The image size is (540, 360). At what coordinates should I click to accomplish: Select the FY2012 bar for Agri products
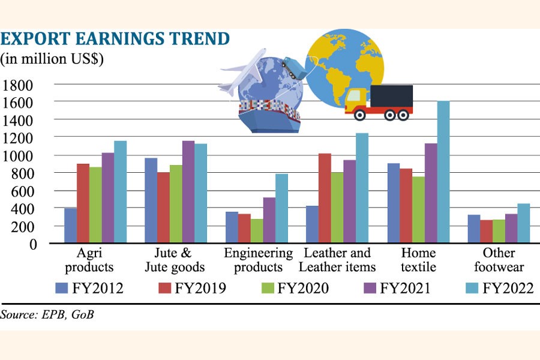(70, 226)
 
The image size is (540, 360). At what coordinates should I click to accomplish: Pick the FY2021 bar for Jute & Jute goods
(188, 192)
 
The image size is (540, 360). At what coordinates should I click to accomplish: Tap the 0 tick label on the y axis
(33, 244)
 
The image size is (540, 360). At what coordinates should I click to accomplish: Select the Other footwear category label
(499, 260)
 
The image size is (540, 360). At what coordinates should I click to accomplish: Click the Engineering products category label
(258, 260)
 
